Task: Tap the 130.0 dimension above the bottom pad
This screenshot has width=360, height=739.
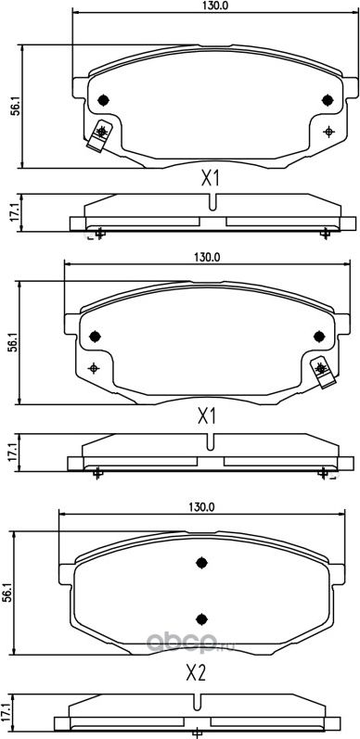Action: click(x=201, y=507)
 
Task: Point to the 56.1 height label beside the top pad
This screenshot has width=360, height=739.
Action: click(x=15, y=107)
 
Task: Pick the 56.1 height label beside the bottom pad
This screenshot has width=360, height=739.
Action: click(x=7, y=592)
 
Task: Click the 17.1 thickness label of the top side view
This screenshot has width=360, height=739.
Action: click(x=14, y=212)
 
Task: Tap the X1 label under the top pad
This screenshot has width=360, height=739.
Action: click(x=211, y=179)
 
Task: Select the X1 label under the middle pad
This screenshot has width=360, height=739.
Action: click(x=206, y=416)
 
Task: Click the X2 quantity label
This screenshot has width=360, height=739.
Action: click(x=196, y=674)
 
